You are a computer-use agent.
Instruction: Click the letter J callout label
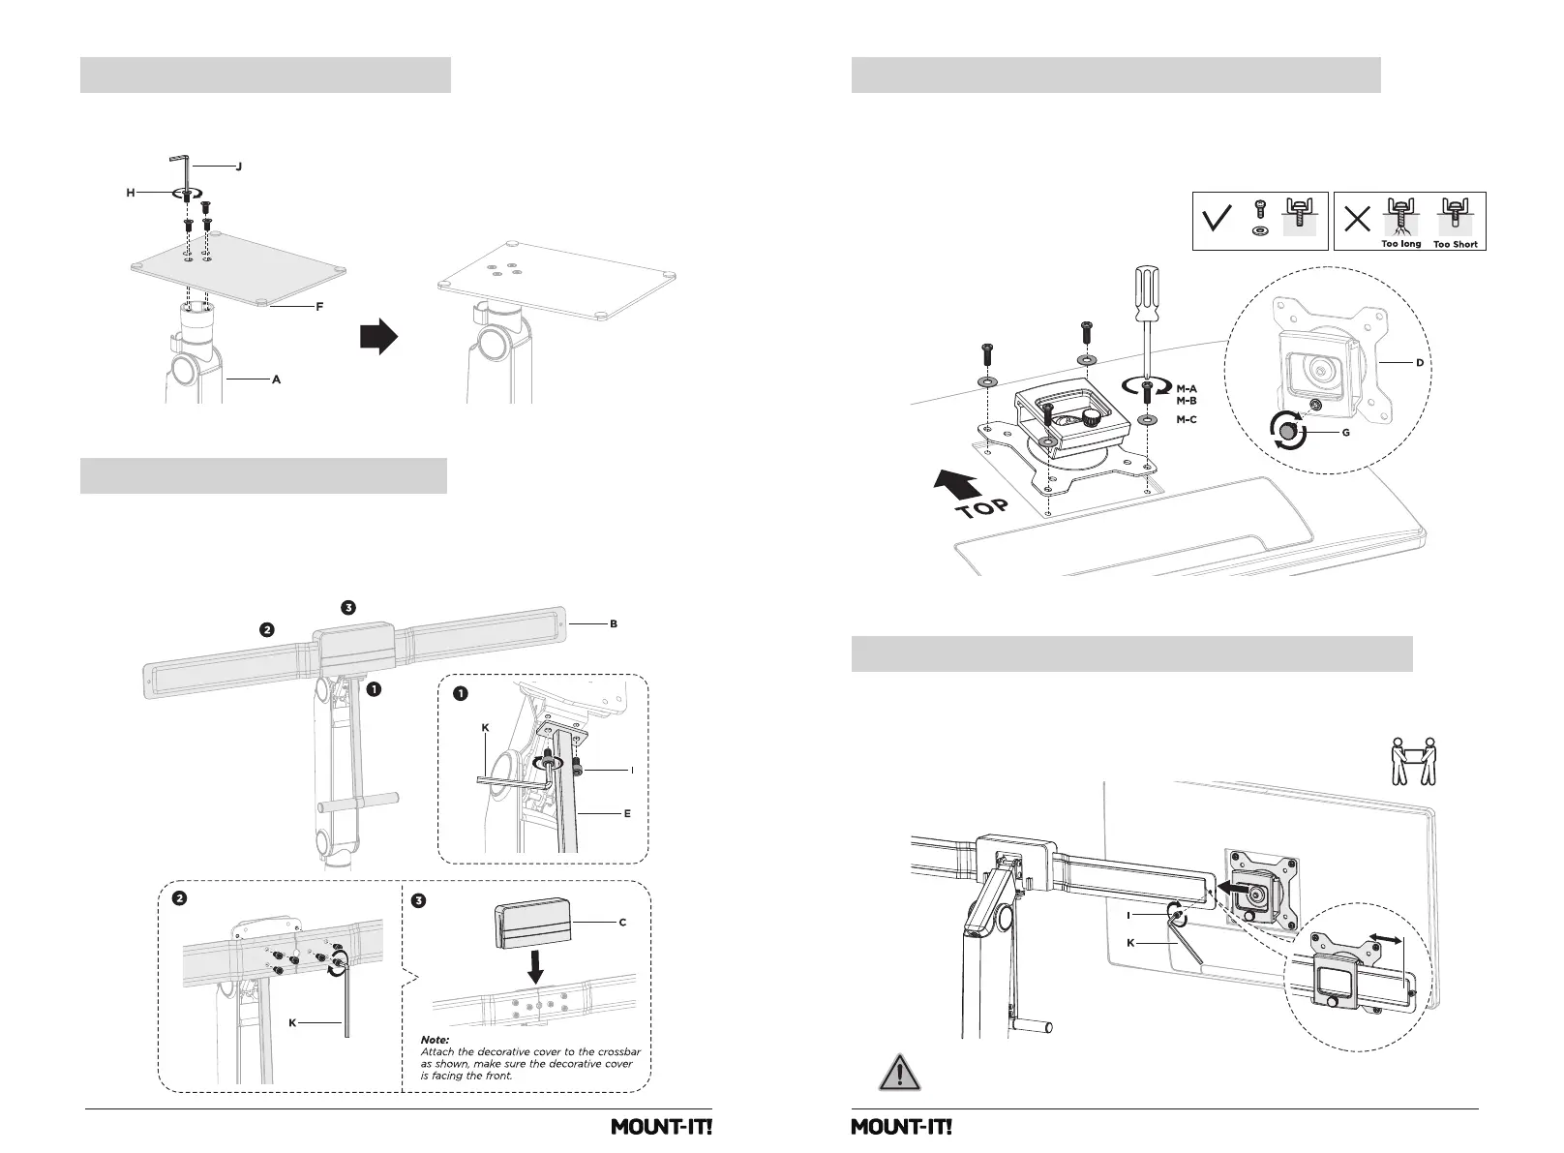[238, 167]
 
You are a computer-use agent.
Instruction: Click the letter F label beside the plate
[319, 307]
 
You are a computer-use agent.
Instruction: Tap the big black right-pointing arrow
[379, 336]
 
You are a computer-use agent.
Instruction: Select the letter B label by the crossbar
[613, 623]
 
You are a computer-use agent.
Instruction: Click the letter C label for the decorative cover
[622, 923]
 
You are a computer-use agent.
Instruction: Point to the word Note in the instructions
[435, 1040]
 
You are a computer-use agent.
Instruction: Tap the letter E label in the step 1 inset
[627, 813]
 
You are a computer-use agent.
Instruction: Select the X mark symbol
[1357, 220]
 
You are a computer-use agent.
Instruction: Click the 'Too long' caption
[1400, 244]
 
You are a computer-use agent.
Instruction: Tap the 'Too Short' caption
[1455, 244]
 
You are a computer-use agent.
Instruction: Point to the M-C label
[1186, 420]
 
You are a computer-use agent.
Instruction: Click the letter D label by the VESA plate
[1420, 363]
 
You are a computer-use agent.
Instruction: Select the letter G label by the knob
[1345, 433]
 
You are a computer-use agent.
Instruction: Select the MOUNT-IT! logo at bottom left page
[661, 1127]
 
